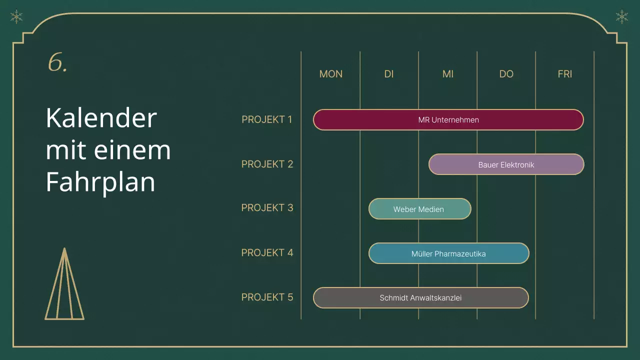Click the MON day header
point(331,74)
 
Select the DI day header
point(389,74)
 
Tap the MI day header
point(448,74)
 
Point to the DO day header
point(506,74)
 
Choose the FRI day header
point(565,74)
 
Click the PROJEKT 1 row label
point(267,119)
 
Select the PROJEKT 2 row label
point(267,164)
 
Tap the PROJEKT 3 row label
point(267,207)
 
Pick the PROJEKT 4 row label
point(267,252)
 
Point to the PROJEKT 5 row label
point(267,297)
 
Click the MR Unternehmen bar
point(448,120)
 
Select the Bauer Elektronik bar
point(506,164)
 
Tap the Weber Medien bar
point(419,209)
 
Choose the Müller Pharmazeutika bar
point(448,253)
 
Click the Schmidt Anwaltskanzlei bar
point(420,298)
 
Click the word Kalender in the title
point(101,118)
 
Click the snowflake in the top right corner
point(622,17)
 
